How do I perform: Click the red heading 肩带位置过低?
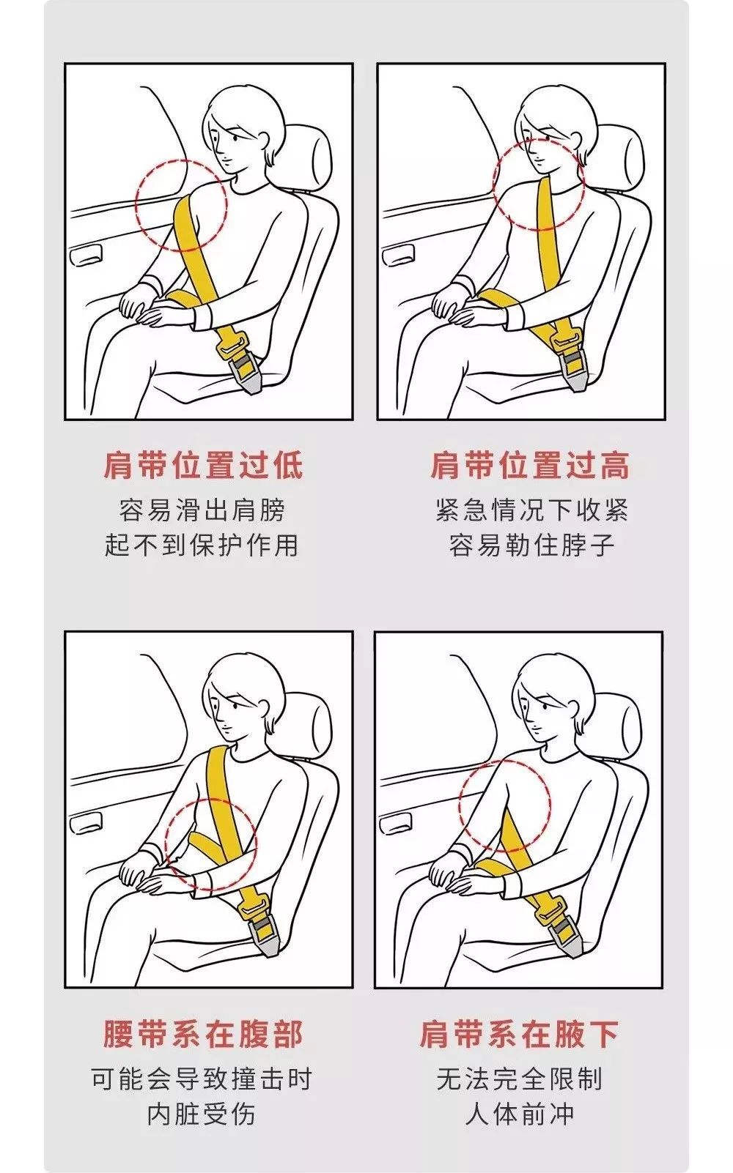(x=202, y=465)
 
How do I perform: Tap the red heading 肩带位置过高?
(x=529, y=465)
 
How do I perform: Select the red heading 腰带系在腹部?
(x=202, y=1034)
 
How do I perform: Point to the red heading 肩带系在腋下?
(x=519, y=1034)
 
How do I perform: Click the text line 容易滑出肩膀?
(x=202, y=510)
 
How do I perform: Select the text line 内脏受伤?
(x=202, y=1114)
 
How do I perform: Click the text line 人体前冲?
(x=519, y=1114)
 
